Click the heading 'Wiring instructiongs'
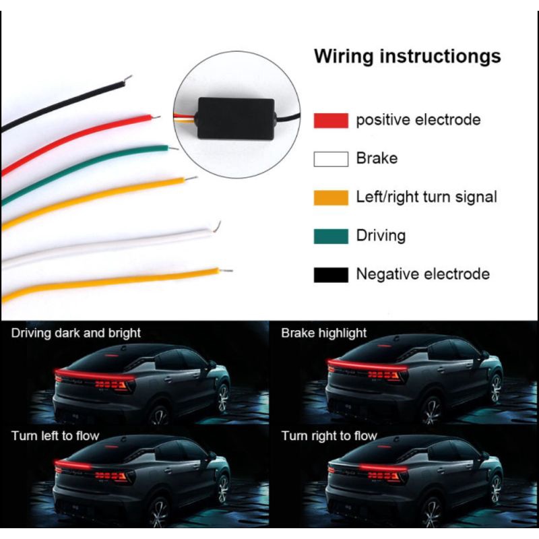407,56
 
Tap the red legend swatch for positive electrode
331,121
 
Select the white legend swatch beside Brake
331,159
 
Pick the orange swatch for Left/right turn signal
331,197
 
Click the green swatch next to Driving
331,236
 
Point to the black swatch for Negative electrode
331,274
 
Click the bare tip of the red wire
156,117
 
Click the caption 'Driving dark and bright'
76,333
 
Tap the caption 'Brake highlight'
324,333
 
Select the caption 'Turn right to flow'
329,436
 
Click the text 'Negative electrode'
422,274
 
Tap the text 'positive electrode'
418,121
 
